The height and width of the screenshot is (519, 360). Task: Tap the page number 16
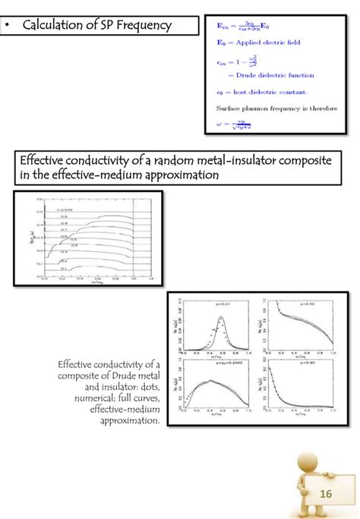327,495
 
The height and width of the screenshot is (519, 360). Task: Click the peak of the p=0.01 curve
220,317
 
